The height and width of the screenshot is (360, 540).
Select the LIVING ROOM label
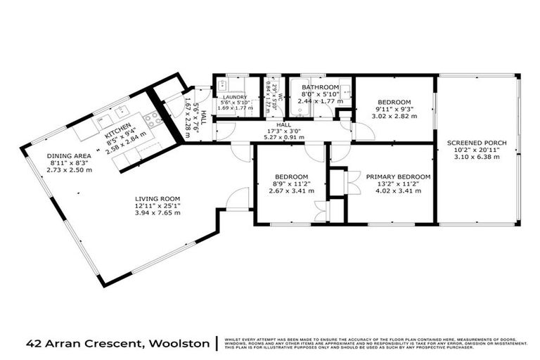pos(158,198)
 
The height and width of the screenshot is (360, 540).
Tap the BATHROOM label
pos(320,87)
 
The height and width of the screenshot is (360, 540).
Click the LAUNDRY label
pos(235,97)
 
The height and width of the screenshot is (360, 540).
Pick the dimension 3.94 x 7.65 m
pos(158,212)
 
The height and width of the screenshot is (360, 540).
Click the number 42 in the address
pos(32,344)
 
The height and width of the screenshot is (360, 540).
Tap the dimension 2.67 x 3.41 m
pos(290,191)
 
